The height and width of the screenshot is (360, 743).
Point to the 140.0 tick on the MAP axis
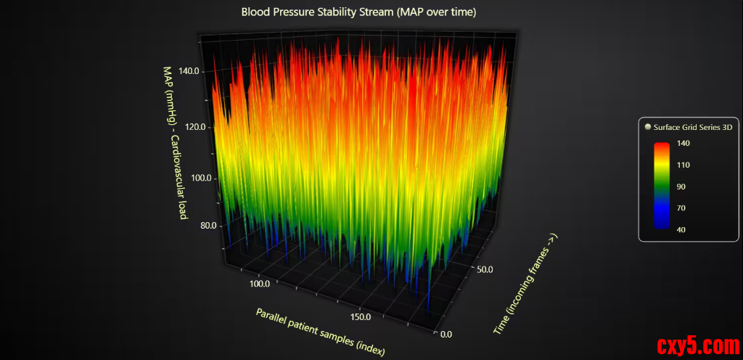tap(186, 71)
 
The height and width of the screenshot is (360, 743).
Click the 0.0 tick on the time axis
tap(451, 334)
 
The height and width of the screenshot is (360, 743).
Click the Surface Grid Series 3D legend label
tap(693, 127)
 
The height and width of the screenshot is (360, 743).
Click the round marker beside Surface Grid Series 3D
tap(647, 127)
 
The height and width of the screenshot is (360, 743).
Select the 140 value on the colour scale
tap(684, 144)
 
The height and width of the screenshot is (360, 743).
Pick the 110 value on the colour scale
tap(684, 165)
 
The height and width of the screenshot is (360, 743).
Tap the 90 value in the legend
tap(681, 187)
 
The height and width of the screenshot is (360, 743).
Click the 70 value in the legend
tap(681, 208)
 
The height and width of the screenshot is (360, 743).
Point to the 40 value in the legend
tap(681, 229)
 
